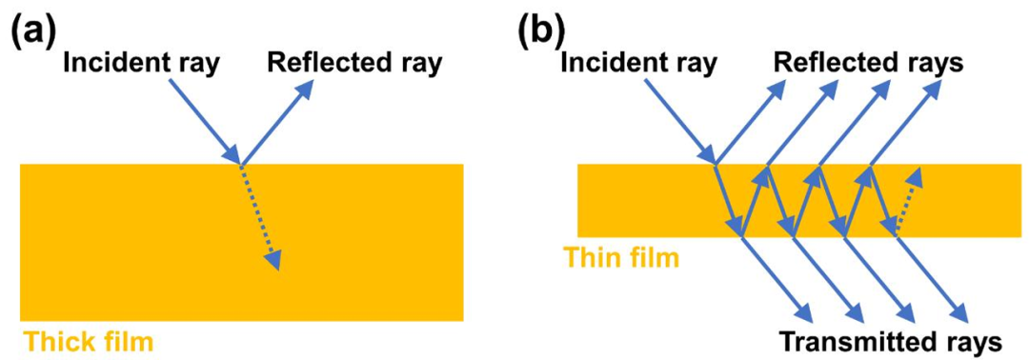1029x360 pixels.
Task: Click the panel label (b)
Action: point(541,31)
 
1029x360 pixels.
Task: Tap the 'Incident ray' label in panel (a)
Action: point(141,64)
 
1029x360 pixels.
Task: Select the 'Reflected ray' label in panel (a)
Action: point(354,64)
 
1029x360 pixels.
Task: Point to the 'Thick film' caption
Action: point(88,340)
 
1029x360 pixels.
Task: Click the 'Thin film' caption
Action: point(621,257)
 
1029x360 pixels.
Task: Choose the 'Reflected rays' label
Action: point(869,64)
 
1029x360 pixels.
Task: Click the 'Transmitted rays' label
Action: point(887,341)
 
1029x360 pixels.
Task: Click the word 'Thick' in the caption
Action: point(54,340)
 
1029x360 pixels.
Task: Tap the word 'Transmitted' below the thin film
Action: point(850,341)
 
